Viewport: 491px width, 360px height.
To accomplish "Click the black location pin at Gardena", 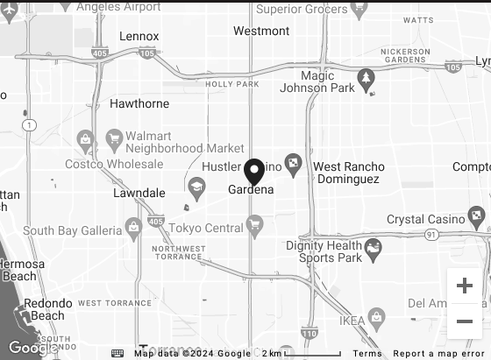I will click(254, 171).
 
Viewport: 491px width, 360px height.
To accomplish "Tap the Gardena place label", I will click(251, 190).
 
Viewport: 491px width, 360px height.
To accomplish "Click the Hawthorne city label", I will click(139, 103).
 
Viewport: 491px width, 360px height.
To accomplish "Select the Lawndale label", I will click(139, 193).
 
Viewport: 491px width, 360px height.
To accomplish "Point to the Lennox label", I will click(139, 37).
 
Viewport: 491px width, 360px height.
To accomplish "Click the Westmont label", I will click(261, 31).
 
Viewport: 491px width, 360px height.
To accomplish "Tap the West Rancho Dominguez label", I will click(348, 173).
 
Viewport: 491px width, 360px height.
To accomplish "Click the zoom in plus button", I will click(465, 286).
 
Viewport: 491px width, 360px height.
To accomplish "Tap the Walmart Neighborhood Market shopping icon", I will click(114, 138).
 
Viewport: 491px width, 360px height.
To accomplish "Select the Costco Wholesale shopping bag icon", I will click(85, 138).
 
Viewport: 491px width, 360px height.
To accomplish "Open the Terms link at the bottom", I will click(367, 353).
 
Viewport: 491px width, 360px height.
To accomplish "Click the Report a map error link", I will click(438, 353).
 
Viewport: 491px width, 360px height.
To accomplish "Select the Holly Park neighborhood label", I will click(232, 84).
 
